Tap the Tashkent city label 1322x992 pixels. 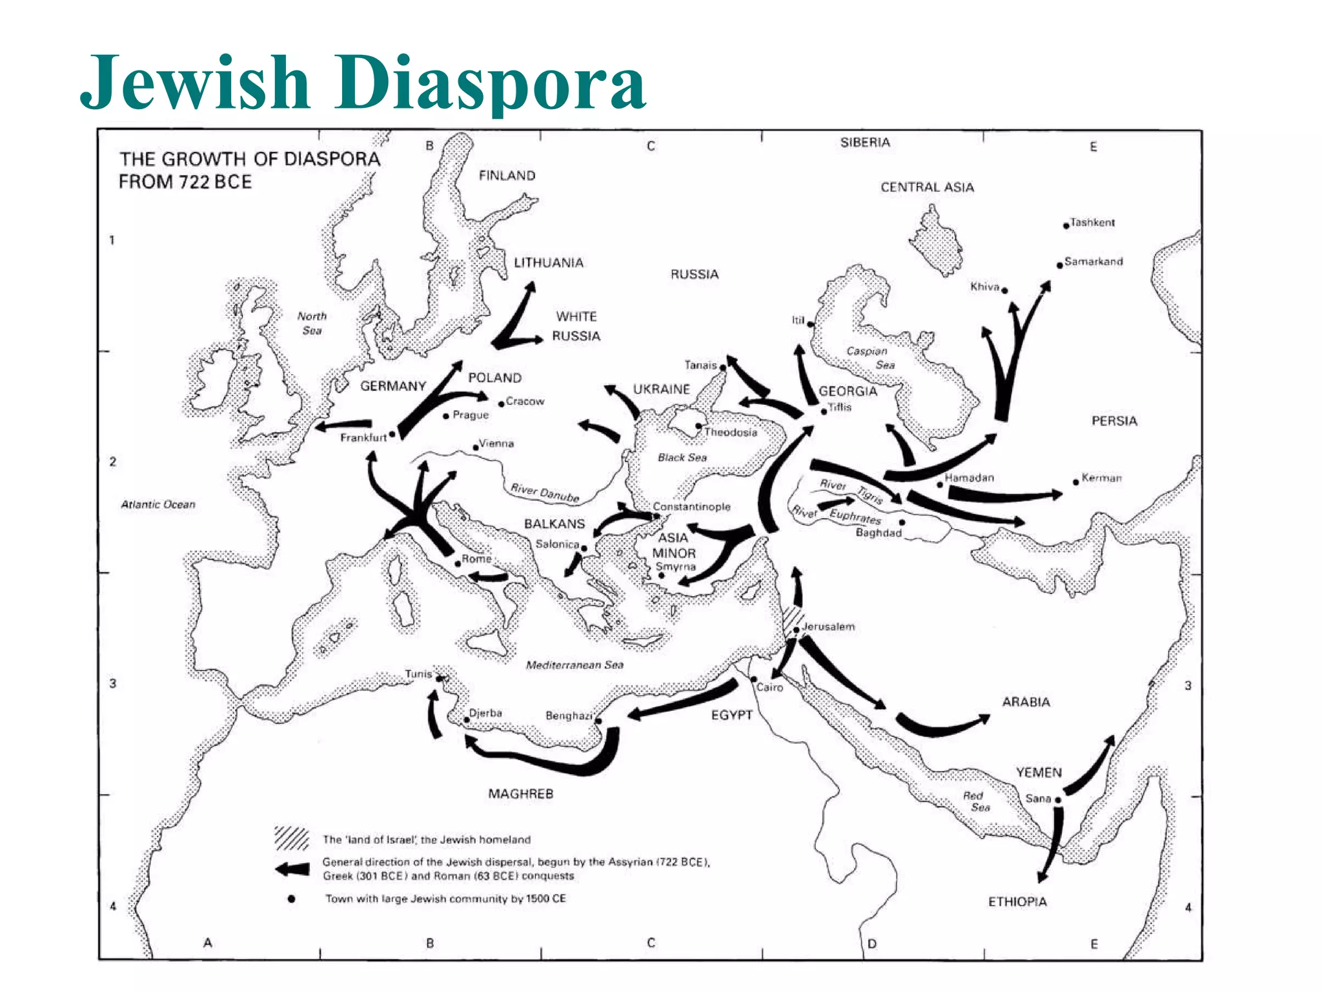1092,223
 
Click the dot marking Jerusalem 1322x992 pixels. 797,630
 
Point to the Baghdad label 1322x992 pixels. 878,533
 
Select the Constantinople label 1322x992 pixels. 692,507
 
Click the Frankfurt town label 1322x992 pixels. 363,438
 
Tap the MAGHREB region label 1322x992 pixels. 521,794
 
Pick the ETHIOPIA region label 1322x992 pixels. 1017,902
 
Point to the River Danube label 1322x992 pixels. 545,493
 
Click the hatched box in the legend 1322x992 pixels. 292,838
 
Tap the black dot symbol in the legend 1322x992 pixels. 292,898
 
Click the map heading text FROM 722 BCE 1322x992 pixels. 185,182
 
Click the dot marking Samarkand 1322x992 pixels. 1060,265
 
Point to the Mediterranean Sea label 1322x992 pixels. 575,665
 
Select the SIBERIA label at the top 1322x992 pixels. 865,143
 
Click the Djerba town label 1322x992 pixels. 485,713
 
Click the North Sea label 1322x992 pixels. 312,323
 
